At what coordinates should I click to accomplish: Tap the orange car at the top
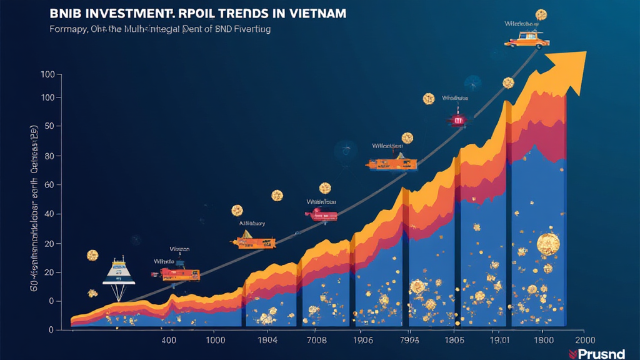pyautogui.click(x=527, y=40)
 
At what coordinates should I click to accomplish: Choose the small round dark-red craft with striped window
pyautogui.click(x=457, y=119)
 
